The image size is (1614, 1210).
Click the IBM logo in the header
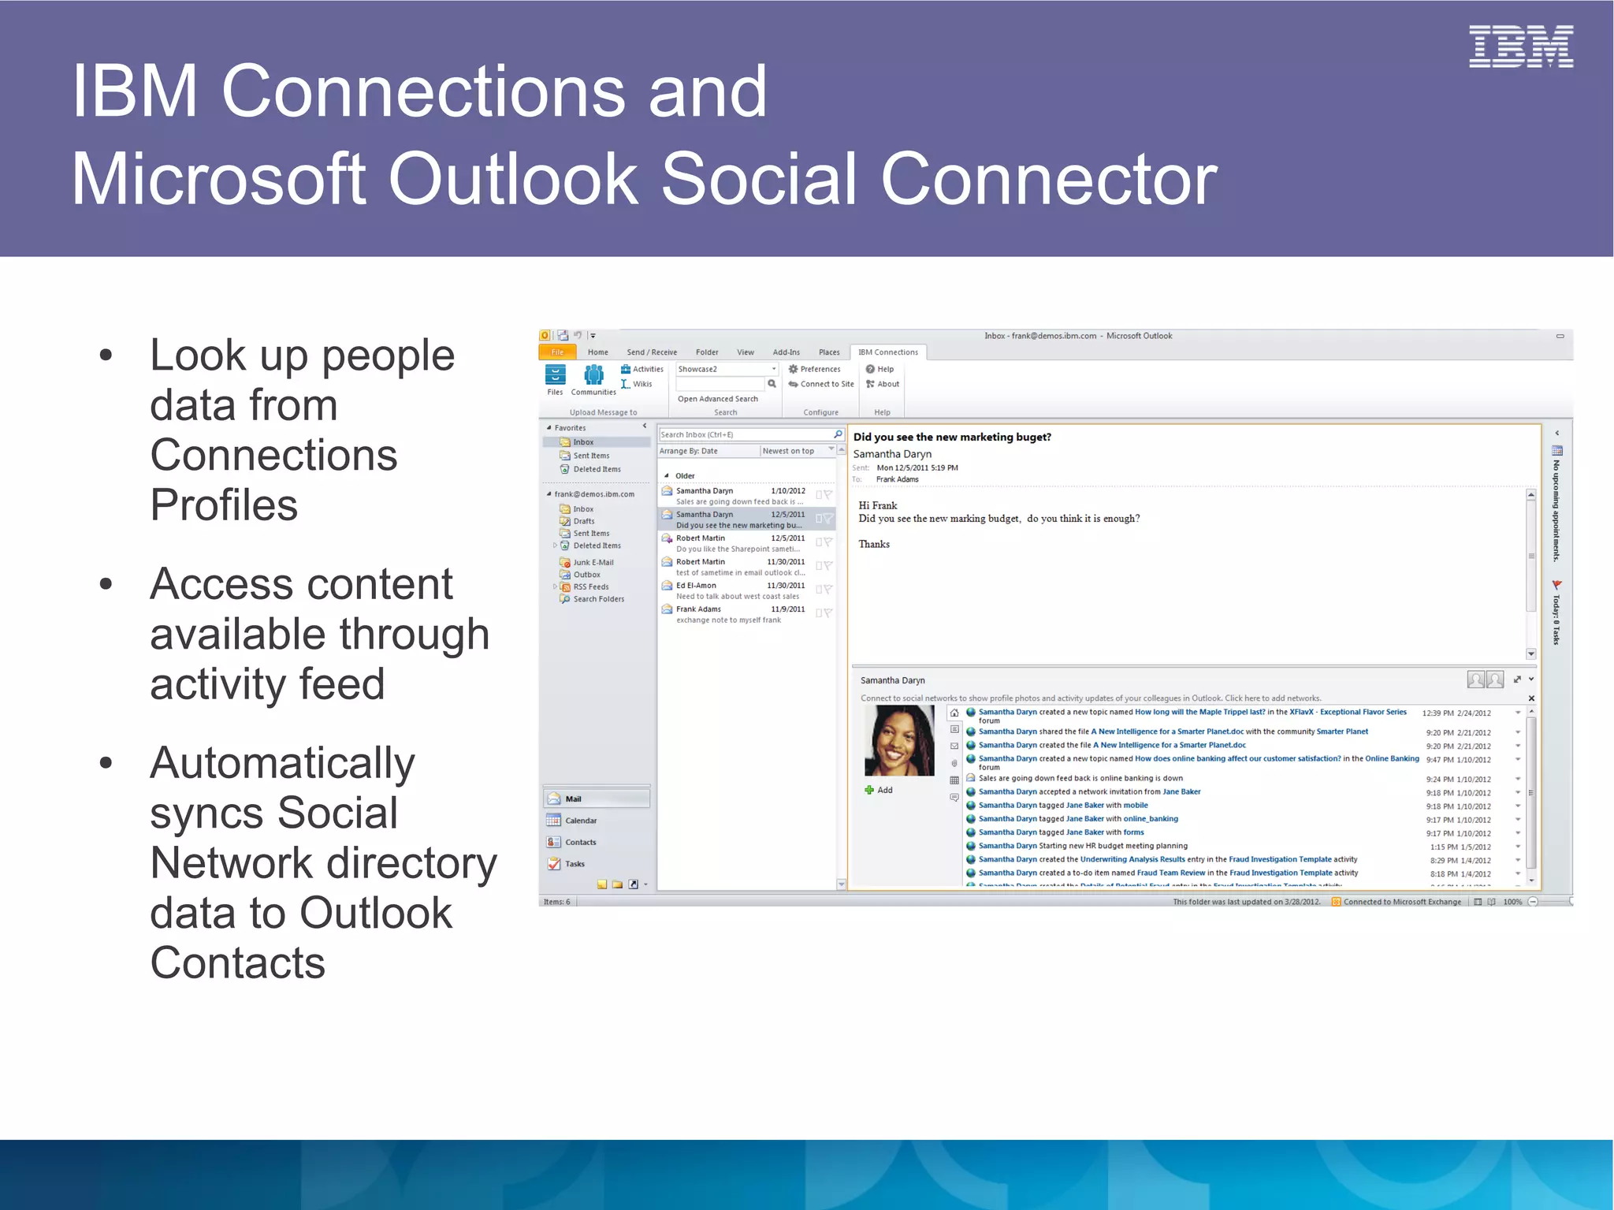[1520, 47]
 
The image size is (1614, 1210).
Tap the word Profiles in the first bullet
[224, 504]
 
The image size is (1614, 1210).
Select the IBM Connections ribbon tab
[887, 352]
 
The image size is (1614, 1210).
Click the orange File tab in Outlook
[557, 352]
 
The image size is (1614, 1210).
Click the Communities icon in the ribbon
[593, 379]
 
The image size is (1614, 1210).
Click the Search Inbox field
[745, 434]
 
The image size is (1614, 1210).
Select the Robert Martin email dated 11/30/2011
[740, 567]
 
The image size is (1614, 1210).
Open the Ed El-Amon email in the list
[740, 590]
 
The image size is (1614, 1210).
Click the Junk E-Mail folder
[593, 562]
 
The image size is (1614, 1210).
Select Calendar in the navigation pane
[581, 821]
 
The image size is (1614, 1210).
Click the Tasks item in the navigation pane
[575, 864]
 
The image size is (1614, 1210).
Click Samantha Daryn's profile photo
[898, 741]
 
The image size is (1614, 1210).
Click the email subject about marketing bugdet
[951, 437]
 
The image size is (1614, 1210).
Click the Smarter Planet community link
[1342, 732]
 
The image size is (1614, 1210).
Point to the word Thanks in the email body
[874, 544]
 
